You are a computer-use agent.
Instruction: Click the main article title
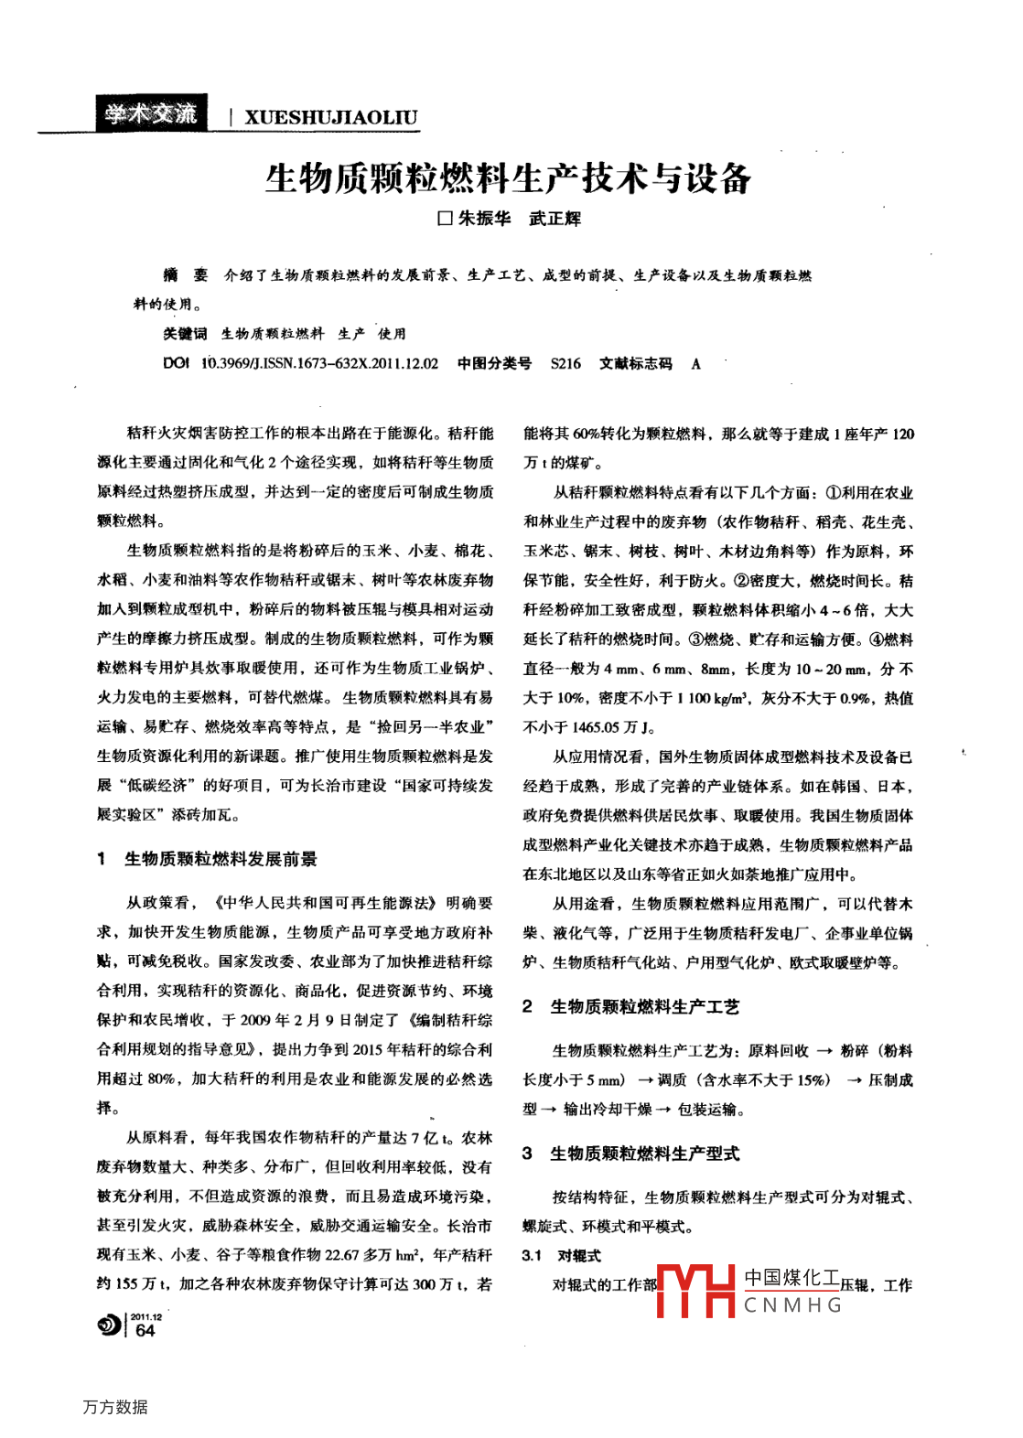[508, 177]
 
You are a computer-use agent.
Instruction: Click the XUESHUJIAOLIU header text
[330, 117]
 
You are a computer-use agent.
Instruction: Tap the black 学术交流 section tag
[150, 113]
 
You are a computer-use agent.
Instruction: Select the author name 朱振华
[484, 219]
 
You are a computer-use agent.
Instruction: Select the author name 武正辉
[555, 219]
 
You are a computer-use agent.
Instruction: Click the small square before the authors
[446, 219]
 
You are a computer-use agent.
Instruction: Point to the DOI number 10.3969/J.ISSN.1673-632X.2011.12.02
[319, 363]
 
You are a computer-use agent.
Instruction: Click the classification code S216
[565, 363]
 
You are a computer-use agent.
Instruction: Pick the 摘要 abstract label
[185, 275]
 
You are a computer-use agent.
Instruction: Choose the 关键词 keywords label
[185, 334]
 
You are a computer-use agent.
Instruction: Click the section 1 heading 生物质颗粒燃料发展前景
[221, 859]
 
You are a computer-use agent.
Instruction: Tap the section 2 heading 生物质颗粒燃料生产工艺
[644, 1006]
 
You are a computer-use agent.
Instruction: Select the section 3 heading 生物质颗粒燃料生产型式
[644, 1154]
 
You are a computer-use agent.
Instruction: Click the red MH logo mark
[696, 1291]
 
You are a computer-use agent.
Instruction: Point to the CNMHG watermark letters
[792, 1305]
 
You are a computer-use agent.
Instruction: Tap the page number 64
[145, 1331]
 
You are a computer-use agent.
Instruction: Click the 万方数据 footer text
[115, 1407]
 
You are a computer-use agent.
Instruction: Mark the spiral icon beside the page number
[109, 1325]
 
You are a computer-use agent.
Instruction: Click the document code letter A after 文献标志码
[696, 363]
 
